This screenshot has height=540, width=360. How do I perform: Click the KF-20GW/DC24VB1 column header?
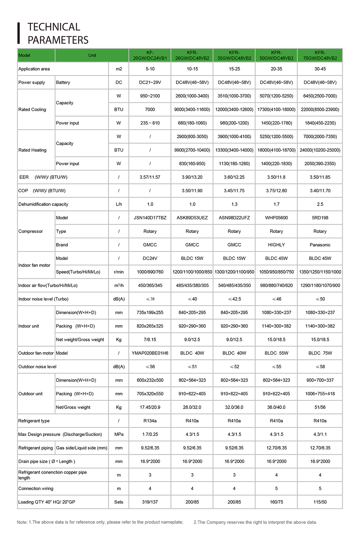(150, 55)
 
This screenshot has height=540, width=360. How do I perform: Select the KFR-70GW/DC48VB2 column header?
(320, 55)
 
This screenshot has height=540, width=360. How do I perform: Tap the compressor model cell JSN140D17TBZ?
(150, 218)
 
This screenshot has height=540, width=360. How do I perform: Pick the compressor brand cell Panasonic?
(320, 245)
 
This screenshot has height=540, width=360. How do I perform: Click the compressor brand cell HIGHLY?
(276, 245)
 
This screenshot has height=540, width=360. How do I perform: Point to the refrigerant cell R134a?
(150, 421)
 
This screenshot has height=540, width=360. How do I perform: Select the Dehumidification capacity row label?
(43, 204)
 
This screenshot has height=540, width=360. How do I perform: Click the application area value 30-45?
(320, 69)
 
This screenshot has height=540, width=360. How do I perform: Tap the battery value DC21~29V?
(150, 82)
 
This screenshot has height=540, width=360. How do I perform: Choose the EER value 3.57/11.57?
(150, 177)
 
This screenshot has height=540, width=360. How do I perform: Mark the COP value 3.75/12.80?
(276, 191)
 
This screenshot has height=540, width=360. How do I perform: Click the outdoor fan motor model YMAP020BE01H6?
(150, 353)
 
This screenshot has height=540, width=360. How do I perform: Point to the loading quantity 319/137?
(150, 502)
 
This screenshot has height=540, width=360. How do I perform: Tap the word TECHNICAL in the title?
(54, 27)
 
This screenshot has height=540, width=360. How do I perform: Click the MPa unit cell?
(119, 435)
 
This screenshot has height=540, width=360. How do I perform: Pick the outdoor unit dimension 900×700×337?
(320, 380)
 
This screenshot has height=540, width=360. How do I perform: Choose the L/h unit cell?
(119, 204)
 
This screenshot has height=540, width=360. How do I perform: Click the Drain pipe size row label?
(46, 462)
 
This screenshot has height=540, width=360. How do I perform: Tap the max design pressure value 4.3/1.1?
(320, 435)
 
